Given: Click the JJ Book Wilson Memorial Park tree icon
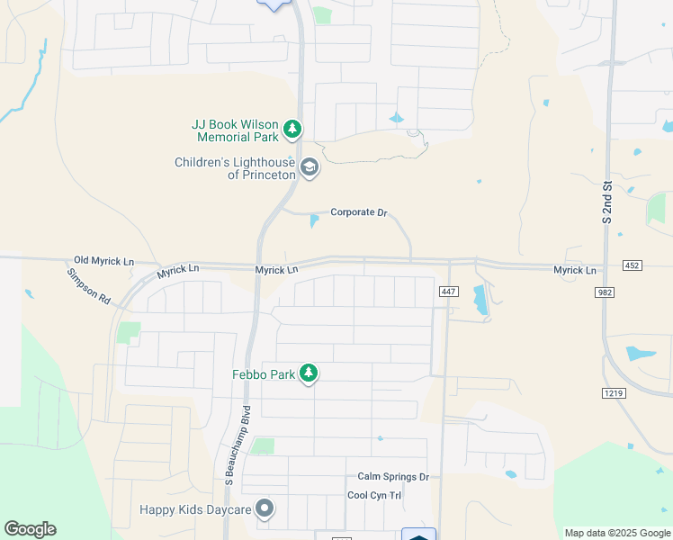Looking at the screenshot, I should point(292,130).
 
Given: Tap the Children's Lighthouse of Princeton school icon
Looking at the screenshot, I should point(310,167).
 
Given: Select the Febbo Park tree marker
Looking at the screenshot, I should point(309,373).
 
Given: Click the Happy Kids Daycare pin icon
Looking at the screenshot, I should point(265,509).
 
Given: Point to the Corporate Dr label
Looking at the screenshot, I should point(358,212).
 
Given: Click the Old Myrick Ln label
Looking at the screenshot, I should point(103,260).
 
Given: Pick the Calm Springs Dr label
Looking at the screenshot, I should point(393,477).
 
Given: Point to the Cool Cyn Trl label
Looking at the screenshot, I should point(374,496).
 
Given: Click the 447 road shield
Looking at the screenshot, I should point(449,292).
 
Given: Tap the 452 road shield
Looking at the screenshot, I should point(632,265).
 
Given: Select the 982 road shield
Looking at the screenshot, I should point(604,292).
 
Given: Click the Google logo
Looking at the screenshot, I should point(30,529).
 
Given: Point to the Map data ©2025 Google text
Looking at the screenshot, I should point(616,533).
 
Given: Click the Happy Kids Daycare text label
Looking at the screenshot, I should point(194,509).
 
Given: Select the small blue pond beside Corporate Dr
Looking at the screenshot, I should point(314,220).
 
